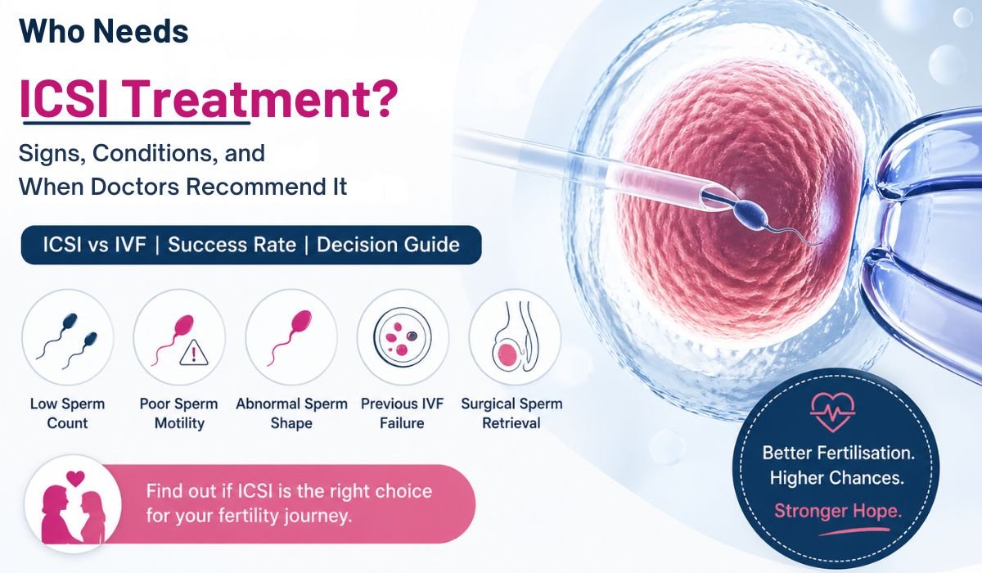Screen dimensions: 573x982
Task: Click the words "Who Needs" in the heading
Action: click(x=104, y=31)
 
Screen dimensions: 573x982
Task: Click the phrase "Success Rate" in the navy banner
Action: click(x=232, y=245)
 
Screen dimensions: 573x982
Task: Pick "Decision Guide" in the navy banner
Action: click(x=388, y=245)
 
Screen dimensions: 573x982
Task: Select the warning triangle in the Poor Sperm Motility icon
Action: click(x=194, y=353)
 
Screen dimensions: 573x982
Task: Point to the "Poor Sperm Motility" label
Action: click(x=178, y=413)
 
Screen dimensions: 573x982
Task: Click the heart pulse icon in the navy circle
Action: click(x=832, y=413)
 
